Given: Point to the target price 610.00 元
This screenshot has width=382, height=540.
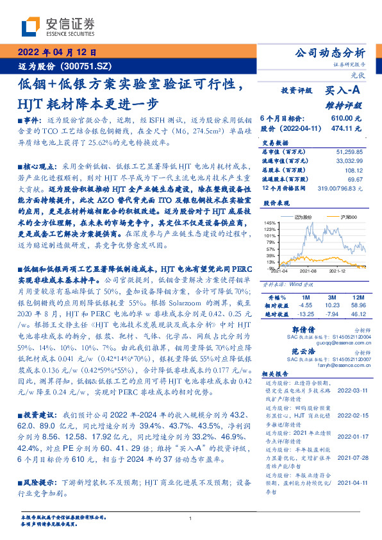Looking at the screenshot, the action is (x=345, y=119).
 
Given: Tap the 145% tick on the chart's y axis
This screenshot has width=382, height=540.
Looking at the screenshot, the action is (x=270, y=222).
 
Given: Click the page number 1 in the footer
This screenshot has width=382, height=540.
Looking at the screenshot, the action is (x=191, y=518).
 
